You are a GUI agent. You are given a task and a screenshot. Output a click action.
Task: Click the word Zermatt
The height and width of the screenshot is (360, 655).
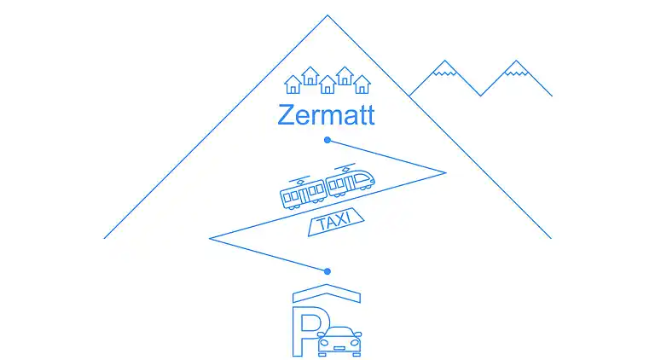click(x=326, y=115)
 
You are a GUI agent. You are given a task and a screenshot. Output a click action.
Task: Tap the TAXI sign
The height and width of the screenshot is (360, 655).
click(x=333, y=224)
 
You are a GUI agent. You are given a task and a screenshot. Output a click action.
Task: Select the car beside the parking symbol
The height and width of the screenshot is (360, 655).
click(x=339, y=340)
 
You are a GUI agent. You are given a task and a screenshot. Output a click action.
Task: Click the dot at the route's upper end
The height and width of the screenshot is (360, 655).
click(x=327, y=140)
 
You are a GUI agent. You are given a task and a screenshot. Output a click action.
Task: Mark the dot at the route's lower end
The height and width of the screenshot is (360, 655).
click(x=327, y=270)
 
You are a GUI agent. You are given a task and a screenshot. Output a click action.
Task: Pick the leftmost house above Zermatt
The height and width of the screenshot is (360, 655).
click(x=293, y=83)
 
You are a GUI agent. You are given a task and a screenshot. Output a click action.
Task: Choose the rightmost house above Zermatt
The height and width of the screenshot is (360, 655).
click(x=362, y=83)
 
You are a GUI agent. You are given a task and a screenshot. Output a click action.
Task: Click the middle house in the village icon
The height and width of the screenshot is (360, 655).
click(x=327, y=84)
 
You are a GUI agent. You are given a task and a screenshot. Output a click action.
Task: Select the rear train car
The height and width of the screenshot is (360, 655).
click(x=303, y=195)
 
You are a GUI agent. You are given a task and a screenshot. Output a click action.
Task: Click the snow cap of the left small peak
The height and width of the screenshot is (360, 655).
click(x=444, y=69)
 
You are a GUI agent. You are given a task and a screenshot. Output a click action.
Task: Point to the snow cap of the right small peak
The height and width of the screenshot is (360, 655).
click(x=515, y=69)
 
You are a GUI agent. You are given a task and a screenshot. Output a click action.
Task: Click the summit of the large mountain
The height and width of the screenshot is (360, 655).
click(x=327, y=16)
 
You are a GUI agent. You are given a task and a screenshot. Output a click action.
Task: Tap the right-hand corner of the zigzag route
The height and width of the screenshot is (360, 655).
click(x=445, y=173)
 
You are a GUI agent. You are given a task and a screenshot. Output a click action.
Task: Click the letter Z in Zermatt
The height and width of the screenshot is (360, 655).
click(x=287, y=115)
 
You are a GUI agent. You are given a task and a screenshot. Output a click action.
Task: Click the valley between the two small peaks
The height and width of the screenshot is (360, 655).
click(x=480, y=95)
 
